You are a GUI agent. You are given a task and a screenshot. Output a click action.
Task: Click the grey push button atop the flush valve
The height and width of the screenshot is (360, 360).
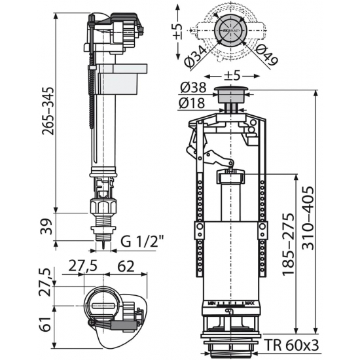[231, 92]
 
